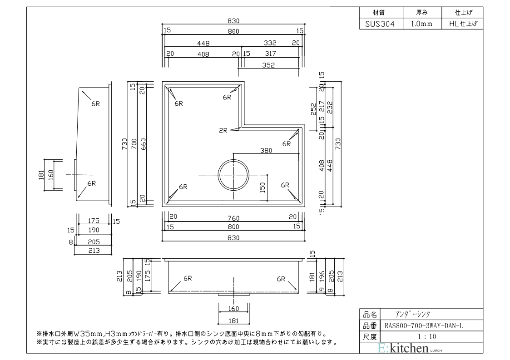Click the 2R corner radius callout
pos(223,130)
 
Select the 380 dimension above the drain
pos(266,150)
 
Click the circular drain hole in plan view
pos(233,175)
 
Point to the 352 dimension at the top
pos(268,64)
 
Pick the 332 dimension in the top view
pos(270,43)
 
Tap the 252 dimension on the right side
pos(314,109)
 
